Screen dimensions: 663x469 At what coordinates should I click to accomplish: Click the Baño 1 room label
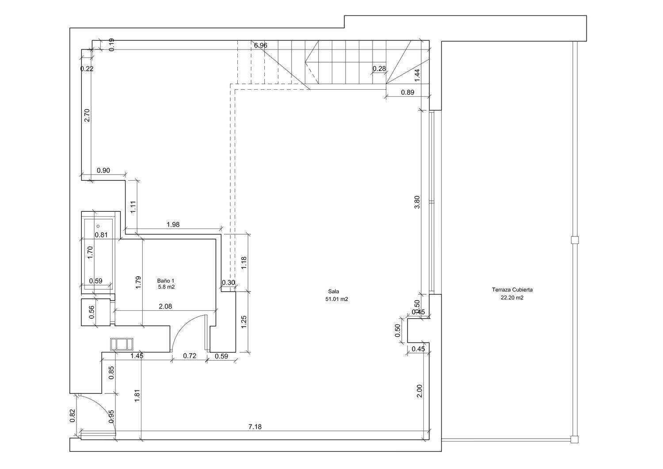coord(166,281)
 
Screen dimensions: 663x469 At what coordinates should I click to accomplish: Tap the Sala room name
coord(334,292)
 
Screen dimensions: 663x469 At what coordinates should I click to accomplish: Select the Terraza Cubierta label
coord(512,290)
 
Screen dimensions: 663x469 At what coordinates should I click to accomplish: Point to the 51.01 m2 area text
coord(337,299)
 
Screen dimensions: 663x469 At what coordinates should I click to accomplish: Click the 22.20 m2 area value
coord(512,298)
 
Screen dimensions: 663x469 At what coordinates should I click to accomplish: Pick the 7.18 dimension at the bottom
coord(255,427)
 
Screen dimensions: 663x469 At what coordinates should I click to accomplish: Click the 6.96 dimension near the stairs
coord(260,45)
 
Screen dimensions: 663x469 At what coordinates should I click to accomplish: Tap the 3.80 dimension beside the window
coord(417,202)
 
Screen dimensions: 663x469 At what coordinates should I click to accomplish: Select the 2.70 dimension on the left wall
coord(87,115)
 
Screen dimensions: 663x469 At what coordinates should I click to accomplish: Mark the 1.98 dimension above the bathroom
coord(173,225)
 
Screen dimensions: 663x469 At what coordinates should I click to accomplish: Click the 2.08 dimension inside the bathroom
coord(165,306)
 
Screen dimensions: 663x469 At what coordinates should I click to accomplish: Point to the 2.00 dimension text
coord(419,391)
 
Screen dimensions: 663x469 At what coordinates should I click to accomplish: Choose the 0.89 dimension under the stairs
coord(408,92)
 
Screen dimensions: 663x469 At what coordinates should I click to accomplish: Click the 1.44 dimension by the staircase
coord(417,75)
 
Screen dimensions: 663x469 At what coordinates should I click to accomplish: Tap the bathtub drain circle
coord(98,226)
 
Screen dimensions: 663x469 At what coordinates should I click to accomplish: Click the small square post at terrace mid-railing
coord(575,240)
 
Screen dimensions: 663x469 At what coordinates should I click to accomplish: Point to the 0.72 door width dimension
coord(190,356)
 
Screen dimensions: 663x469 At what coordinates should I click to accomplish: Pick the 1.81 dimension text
coord(137,396)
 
